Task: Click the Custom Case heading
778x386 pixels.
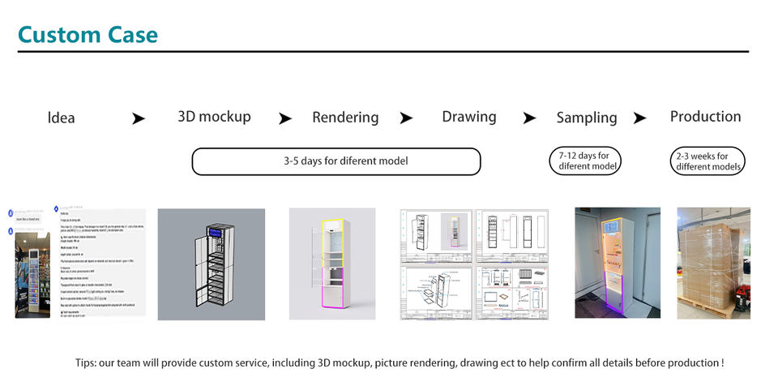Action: pos(88,35)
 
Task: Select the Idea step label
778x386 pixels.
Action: pos(61,118)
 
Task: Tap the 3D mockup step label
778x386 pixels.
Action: pos(214,117)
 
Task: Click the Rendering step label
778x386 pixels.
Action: pos(345,118)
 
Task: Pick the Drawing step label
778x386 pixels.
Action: pos(469,117)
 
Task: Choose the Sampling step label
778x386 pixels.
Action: pos(586,118)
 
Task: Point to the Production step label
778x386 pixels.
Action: pos(705,117)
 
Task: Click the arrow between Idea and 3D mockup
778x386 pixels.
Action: pos(139,118)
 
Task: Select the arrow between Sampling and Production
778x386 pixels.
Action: pos(639,118)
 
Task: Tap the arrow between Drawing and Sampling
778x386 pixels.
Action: pos(529,118)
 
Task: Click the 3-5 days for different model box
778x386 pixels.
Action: pos(336,161)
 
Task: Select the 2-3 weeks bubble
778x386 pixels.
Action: pos(707,161)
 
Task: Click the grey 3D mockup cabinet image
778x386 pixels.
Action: pos(211,264)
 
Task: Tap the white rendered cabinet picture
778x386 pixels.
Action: pos(332,264)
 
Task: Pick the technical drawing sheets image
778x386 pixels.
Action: pos(474,264)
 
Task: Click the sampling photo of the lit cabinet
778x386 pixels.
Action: pos(618,264)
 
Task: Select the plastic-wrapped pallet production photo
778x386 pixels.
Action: pos(713,264)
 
